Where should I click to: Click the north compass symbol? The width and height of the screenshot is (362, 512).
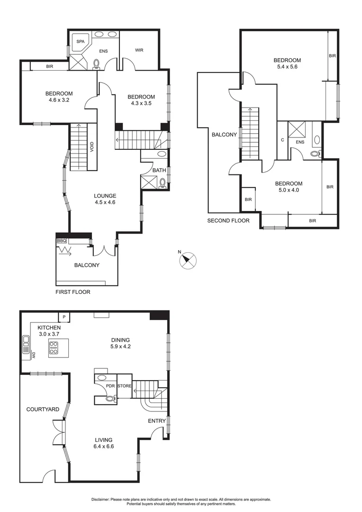(x=187, y=259)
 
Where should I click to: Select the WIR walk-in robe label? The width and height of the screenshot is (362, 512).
(x=139, y=50)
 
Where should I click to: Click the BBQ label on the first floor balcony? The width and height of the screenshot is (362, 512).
(x=62, y=240)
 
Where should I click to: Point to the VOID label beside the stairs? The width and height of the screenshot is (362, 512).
(x=91, y=147)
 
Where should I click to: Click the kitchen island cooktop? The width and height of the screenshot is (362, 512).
(x=54, y=348)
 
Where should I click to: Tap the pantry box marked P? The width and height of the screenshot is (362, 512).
(x=63, y=316)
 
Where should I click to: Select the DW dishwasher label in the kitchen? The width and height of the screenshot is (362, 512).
(x=34, y=355)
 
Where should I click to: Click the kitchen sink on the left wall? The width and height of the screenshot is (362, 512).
(x=25, y=345)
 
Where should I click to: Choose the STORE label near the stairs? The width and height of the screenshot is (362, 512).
(x=124, y=386)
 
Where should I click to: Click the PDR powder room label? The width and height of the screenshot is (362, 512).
(x=110, y=386)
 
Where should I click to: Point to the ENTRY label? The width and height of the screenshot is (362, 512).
(x=157, y=421)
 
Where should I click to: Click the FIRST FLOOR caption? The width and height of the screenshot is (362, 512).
(x=73, y=292)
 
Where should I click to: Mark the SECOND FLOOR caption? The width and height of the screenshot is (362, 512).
(x=228, y=220)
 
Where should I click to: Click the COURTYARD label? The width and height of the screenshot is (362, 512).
(x=43, y=409)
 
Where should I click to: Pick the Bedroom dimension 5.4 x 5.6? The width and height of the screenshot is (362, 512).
(x=287, y=67)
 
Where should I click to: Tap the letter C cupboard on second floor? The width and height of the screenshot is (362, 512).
(x=282, y=140)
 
